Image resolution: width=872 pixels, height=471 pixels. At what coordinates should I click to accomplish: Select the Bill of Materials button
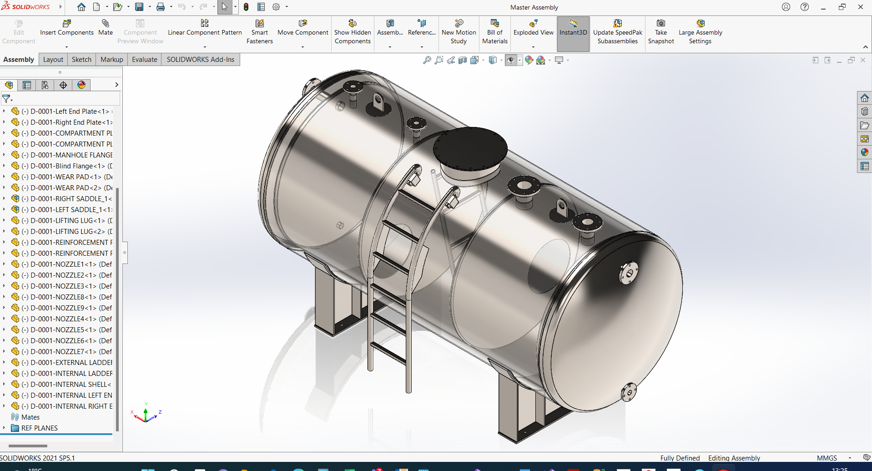pos(494,31)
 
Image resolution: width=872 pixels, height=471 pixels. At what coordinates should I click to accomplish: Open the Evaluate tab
pos(144,60)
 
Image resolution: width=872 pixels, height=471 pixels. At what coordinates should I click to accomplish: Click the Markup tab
pos(111,60)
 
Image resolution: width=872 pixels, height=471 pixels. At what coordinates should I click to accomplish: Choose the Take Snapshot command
pos(660,31)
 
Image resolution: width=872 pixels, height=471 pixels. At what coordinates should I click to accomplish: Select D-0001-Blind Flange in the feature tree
pos(67,166)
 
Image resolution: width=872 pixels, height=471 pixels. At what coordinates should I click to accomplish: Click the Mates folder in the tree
pos(30,417)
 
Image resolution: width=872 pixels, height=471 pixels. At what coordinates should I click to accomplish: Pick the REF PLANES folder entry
pos(39,428)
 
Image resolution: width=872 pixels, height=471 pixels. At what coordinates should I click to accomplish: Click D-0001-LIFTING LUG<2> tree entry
pos(67,232)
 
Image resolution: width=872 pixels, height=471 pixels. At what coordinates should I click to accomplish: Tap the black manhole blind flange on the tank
pos(470,148)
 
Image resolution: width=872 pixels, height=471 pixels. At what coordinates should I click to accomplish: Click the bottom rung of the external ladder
pos(388,353)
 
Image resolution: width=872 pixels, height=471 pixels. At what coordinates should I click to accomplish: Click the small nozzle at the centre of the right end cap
pos(628,274)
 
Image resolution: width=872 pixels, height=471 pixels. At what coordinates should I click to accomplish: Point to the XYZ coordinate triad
pos(146,414)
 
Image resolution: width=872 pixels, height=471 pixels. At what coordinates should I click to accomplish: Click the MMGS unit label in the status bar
pos(827,458)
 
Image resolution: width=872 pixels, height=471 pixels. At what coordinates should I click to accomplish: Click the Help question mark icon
pos(804,7)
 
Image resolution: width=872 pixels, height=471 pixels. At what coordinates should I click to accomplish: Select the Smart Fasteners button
pos(259,31)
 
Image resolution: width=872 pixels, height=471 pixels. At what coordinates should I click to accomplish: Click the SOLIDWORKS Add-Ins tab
pos(200,60)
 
